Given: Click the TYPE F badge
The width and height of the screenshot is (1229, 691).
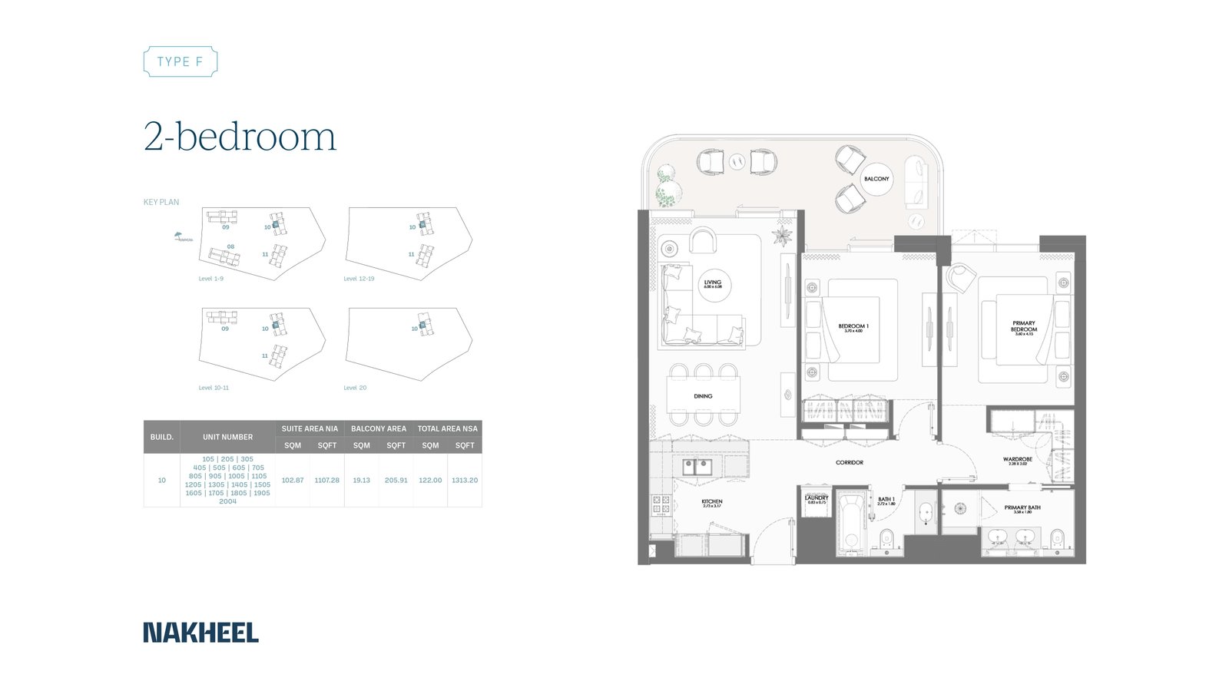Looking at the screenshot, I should click(181, 61).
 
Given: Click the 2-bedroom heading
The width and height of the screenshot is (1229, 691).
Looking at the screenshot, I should click(240, 137).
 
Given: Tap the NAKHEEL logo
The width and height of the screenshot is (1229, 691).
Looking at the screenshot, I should click(200, 633).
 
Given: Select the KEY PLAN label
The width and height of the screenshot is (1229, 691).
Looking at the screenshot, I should click(161, 202).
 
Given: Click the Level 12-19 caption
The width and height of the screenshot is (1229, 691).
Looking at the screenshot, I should click(359, 279).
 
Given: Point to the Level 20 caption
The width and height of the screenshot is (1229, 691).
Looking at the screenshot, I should click(355, 388).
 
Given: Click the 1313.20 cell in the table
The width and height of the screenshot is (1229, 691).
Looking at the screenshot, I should click(465, 480).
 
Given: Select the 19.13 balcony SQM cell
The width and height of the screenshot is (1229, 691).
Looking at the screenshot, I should click(361, 480).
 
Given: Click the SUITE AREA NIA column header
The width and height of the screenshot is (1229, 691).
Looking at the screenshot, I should click(310, 428).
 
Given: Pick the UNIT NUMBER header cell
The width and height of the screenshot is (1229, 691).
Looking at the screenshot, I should click(227, 437).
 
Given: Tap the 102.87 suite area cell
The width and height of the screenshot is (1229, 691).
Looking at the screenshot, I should click(293, 480).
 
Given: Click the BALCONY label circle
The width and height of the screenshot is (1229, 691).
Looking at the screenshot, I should click(876, 179).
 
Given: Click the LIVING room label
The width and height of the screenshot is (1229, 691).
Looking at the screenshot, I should click(713, 283).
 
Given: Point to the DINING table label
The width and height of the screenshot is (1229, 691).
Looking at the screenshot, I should click(703, 396).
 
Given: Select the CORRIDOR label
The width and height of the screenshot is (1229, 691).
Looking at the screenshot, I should click(850, 462).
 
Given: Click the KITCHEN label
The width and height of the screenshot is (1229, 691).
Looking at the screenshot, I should click(712, 503).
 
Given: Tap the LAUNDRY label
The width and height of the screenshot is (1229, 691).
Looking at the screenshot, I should click(817, 499).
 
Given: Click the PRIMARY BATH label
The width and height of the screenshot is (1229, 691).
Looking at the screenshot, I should click(1022, 508).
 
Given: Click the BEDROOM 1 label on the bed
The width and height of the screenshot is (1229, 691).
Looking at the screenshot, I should click(853, 327).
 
